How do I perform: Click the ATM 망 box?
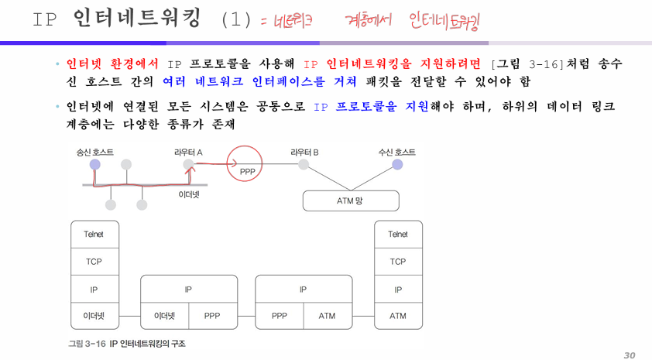coord(351,201)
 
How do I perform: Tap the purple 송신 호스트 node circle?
coord(94,165)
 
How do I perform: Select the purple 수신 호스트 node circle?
coord(397,165)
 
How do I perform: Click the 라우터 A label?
coord(188,153)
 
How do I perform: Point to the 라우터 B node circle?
coord(304,165)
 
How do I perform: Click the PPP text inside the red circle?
coord(248,171)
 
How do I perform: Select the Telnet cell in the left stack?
coord(94,235)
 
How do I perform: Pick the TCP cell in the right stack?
coord(398,262)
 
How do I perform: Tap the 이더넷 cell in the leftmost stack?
coord(94,316)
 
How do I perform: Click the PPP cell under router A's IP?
coord(213,316)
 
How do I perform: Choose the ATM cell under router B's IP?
coord(328,316)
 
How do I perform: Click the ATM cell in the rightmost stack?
coord(398,316)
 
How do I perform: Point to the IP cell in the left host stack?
coord(94,289)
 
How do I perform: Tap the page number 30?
coord(630,355)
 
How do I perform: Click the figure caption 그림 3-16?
coord(87,344)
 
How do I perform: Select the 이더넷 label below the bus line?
coord(189,194)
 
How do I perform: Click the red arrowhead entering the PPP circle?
coord(235,163)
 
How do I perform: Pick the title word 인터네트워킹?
coord(137,19)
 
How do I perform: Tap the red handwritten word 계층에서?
coord(369,20)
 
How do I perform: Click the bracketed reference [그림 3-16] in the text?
coord(527,64)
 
